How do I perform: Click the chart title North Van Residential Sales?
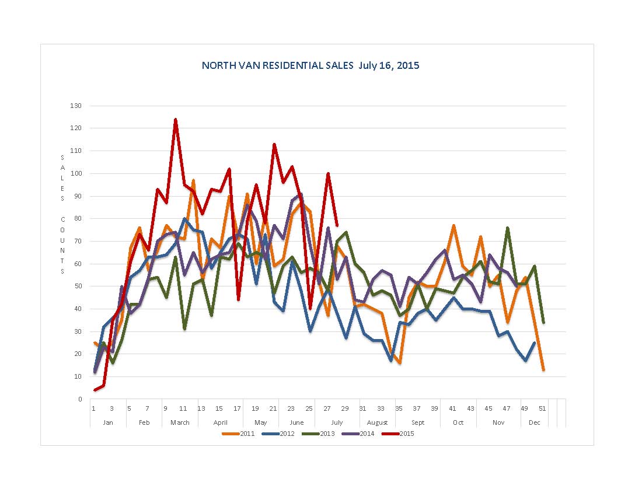(x=310, y=65)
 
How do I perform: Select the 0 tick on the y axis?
(x=80, y=399)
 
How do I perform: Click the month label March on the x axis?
(x=180, y=422)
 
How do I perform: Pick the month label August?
(x=378, y=422)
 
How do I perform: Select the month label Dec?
(x=535, y=422)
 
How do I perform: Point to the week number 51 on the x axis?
(x=543, y=408)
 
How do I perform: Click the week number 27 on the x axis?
(x=327, y=408)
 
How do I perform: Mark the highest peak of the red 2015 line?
(x=175, y=120)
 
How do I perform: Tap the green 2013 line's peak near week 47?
(x=508, y=228)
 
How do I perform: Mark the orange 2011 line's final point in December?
(x=543, y=369)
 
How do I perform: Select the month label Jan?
(x=108, y=422)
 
